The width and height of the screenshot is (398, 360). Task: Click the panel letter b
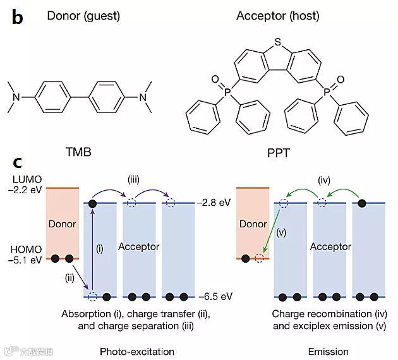[17, 17]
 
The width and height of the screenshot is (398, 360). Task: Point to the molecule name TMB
[79, 152]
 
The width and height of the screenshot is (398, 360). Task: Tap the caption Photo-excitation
[136, 351]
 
